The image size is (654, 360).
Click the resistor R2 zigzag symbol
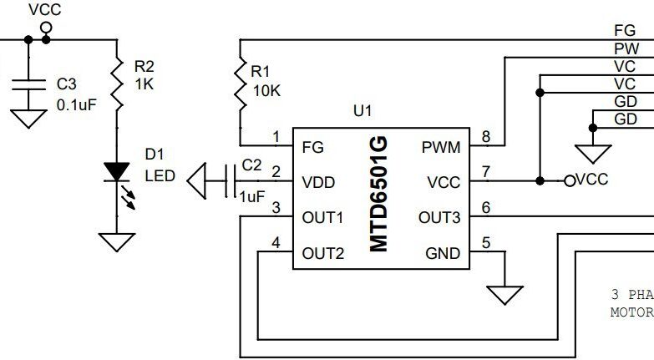click(117, 84)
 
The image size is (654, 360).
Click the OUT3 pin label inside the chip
click(439, 217)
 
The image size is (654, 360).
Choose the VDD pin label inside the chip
click(320, 182)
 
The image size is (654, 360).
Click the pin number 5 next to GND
click(486, 244)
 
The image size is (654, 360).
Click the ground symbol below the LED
click(117, 241)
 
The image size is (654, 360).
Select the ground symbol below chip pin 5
click(505, 295)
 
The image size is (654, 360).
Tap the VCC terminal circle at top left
click(46, 27)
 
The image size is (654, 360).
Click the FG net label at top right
click(625, 31)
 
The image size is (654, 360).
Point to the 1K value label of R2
click(144, 84)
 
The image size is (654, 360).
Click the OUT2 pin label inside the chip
click(322, 253)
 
